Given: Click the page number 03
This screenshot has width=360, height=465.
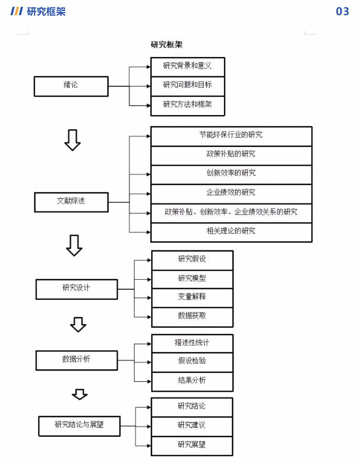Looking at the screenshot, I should (342, 12).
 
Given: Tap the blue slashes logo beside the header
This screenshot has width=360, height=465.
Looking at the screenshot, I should (17, 12).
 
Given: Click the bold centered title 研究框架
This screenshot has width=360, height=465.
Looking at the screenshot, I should (166, 45).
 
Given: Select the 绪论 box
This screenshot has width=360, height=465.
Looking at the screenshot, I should (71, 86).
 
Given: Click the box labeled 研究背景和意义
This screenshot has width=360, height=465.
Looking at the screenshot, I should (187, 66).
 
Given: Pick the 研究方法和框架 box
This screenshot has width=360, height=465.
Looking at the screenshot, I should (187, 105).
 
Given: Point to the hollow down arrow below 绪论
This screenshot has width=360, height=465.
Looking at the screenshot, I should (72, 140).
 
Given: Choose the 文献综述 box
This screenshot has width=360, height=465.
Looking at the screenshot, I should (71, 201).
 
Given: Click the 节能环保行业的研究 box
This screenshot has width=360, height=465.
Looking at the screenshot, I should (231, 135).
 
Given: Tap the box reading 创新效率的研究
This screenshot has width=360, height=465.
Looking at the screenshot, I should (231, 174).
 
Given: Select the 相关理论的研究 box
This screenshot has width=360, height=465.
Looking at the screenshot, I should (231, 232).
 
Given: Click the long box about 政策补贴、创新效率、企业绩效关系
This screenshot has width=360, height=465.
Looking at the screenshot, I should (231, 212).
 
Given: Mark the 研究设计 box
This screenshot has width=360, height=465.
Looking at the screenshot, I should (76, 289).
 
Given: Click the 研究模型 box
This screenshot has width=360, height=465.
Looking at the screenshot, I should (192, 279).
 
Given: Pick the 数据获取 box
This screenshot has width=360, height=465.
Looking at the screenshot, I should (192, 316).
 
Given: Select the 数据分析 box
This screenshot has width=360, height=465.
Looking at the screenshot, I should (76, 360).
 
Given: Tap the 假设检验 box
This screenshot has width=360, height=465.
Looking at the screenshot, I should (192, 361).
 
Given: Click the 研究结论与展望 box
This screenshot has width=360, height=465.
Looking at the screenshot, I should (80, 426).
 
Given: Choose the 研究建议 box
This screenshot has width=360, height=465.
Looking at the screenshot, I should (192, 426).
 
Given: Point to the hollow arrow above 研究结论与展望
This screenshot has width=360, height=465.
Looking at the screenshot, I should (80, 394).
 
